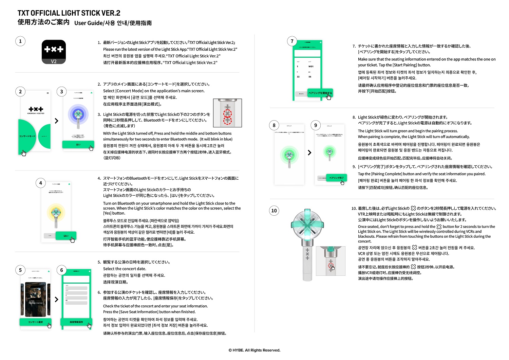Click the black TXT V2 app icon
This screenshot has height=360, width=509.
(x=54, y=52)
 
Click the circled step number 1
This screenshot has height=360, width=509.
(x=20, y=41)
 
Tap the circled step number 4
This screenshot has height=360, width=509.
(x=41, y=183)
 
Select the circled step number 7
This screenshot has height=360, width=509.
(x=292, y=41)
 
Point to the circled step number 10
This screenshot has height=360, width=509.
(x=274, y=211)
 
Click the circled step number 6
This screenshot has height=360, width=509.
(x=61, y=270)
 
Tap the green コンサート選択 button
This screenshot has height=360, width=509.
(x=35, y=322)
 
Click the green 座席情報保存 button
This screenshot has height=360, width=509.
(x=76, y=322)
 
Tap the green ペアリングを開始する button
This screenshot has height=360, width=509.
(x=320, y=93)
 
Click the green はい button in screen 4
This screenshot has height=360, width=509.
(x=66, y=236)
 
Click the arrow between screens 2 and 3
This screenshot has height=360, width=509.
(x=56, y=121)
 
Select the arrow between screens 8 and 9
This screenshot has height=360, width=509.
(x=309, y=152)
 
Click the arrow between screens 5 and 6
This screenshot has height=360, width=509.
(x=56, y=300)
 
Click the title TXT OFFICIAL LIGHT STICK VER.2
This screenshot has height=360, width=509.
(x=69, y=13)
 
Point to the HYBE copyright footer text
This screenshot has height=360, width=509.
(x=254, y=350)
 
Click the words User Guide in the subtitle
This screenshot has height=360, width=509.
(x=89, y=23)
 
